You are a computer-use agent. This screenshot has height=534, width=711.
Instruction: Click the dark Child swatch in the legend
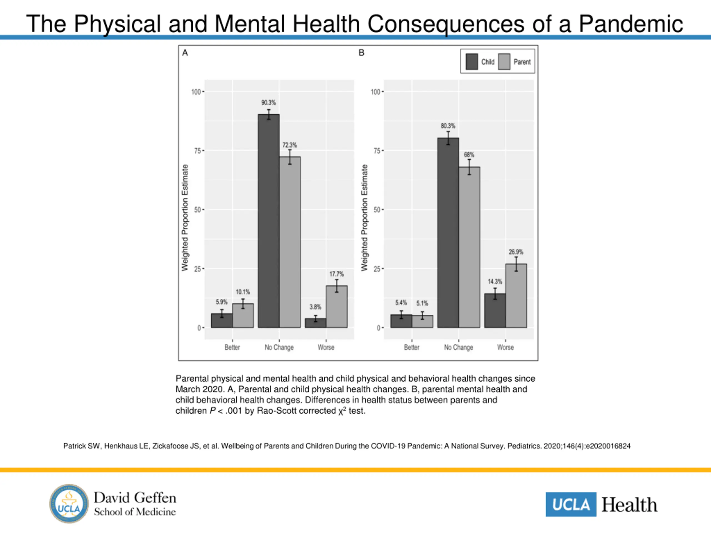pos(472,61)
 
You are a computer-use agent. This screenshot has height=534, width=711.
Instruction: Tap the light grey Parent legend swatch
pos(504,61)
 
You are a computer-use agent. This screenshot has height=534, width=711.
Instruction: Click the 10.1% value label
pos(243,292)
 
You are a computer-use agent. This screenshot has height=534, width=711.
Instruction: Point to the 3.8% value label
pos(315,307)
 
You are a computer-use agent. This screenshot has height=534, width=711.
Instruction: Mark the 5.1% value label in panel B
pos(422,303)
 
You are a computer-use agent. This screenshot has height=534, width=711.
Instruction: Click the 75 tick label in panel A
pos(197,151)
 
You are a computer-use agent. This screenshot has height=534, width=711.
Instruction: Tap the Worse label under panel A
pos(326,347)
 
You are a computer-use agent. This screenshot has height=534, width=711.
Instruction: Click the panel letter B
pos(361,53)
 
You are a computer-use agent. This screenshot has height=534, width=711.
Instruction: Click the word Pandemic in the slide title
pos(631,24)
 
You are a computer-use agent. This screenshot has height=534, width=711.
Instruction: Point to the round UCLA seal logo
pos(69,503)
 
